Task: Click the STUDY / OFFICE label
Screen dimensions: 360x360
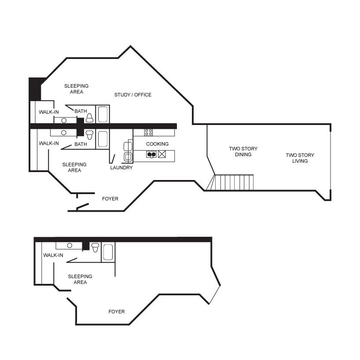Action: tap(133, 95)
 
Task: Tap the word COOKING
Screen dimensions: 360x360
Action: tap(157, 144)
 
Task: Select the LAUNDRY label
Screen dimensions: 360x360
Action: tap(121, 168)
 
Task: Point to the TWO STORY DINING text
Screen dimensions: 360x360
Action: tap(243, 151)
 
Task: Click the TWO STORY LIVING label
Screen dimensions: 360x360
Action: tap(300, 158)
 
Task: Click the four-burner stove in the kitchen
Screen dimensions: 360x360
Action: tap(149, 132)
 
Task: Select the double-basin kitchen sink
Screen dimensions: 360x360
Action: tap(151, 154)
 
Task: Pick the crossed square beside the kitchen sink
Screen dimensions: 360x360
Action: tap(162, 154)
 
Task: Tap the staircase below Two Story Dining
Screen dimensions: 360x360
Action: tap(230, 183)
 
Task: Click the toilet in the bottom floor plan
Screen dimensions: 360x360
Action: tap(95, 247)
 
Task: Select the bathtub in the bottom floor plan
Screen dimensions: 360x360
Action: tap(108, 252)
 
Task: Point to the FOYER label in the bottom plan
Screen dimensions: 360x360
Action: tap(116, 312)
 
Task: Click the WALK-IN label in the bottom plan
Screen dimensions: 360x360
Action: tap(53, 255)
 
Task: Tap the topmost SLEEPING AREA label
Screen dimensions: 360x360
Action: tap(76, 89)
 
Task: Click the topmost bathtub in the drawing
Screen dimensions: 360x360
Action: tap(103, 114)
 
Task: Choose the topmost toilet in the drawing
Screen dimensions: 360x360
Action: tap(89, 118)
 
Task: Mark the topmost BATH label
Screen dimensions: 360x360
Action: tap(81, 111)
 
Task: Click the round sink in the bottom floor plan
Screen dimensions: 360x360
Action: tap(70, 246)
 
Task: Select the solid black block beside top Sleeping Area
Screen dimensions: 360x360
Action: tap(35, 89)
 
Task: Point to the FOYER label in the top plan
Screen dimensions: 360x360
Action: tap(110, 198)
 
